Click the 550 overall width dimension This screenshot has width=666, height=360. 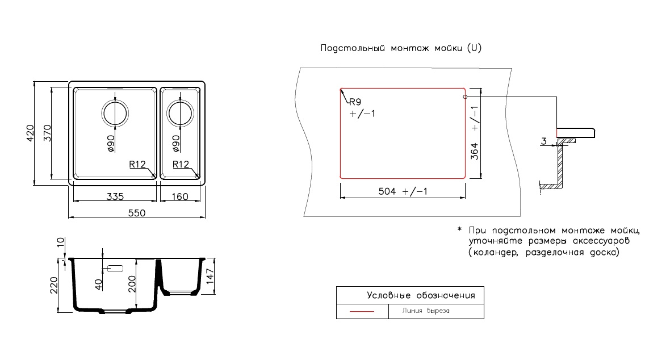tap(137, 213)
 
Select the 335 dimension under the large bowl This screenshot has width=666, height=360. tap(115, 197)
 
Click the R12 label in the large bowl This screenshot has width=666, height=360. tap(137, 165)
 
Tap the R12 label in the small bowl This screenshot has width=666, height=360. tap(181, 165)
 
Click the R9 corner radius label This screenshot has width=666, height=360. tap(355, 102)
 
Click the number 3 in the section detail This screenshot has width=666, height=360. tap(543, 141)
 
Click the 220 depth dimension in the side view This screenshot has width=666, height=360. tap(53, 285)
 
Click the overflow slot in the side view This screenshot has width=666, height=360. tap(116, 267)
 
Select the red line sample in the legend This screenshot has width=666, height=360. tap(362, 312)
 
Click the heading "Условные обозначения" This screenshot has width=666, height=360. tap(421, 295)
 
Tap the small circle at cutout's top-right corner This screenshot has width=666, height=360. tap(465, 97)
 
